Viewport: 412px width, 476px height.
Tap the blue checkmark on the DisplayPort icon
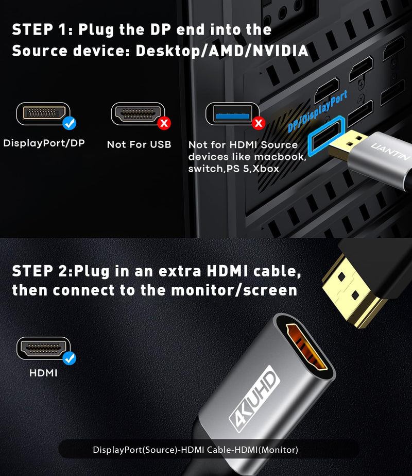click(69, 123)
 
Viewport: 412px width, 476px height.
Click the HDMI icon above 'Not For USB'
click(136, 113)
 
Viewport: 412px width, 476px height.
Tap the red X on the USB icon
click(259, 123)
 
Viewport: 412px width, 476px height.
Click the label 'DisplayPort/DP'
click(44, 143)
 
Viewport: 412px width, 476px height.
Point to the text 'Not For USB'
click(139, 144)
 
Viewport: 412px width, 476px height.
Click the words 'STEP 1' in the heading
click(41, 29)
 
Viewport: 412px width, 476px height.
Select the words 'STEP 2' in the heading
click(41, 270)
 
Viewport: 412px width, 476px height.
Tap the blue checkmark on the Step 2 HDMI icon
click(69, 357)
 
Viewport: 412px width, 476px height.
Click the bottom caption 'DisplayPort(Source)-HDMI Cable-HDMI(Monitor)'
click(195, 450)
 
